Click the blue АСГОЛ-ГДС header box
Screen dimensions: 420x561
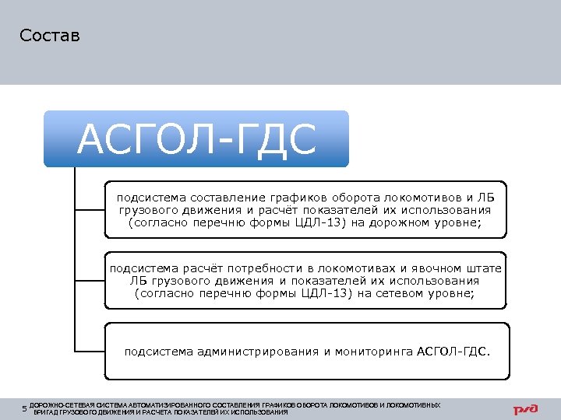196,139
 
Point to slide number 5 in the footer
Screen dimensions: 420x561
24,408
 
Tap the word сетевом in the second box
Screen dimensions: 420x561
407,294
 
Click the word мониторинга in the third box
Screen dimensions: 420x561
373,352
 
